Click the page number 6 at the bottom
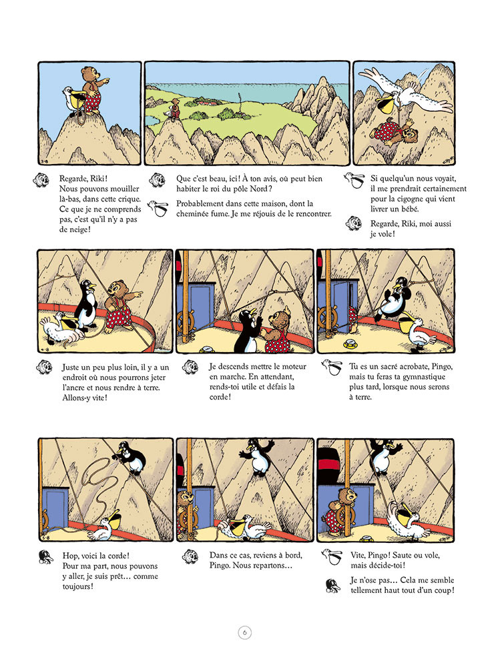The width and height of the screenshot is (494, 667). pyautogui.click(x=244, y=632)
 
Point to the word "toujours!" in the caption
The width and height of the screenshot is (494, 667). pyautogui.click(x=78, y=586)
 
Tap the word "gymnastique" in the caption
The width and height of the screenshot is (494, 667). pyautogui.click(x=424, y=377)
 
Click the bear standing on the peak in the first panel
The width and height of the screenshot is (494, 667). pyautogui.click(x=93, y=91)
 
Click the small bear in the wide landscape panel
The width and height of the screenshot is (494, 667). pyautogui.click(x=175, y=108)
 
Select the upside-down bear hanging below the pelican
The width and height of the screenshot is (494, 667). pyautogui.click(x=393, y=133)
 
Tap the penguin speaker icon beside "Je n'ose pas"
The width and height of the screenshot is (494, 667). pyautogui.click(x=332, y=585)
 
